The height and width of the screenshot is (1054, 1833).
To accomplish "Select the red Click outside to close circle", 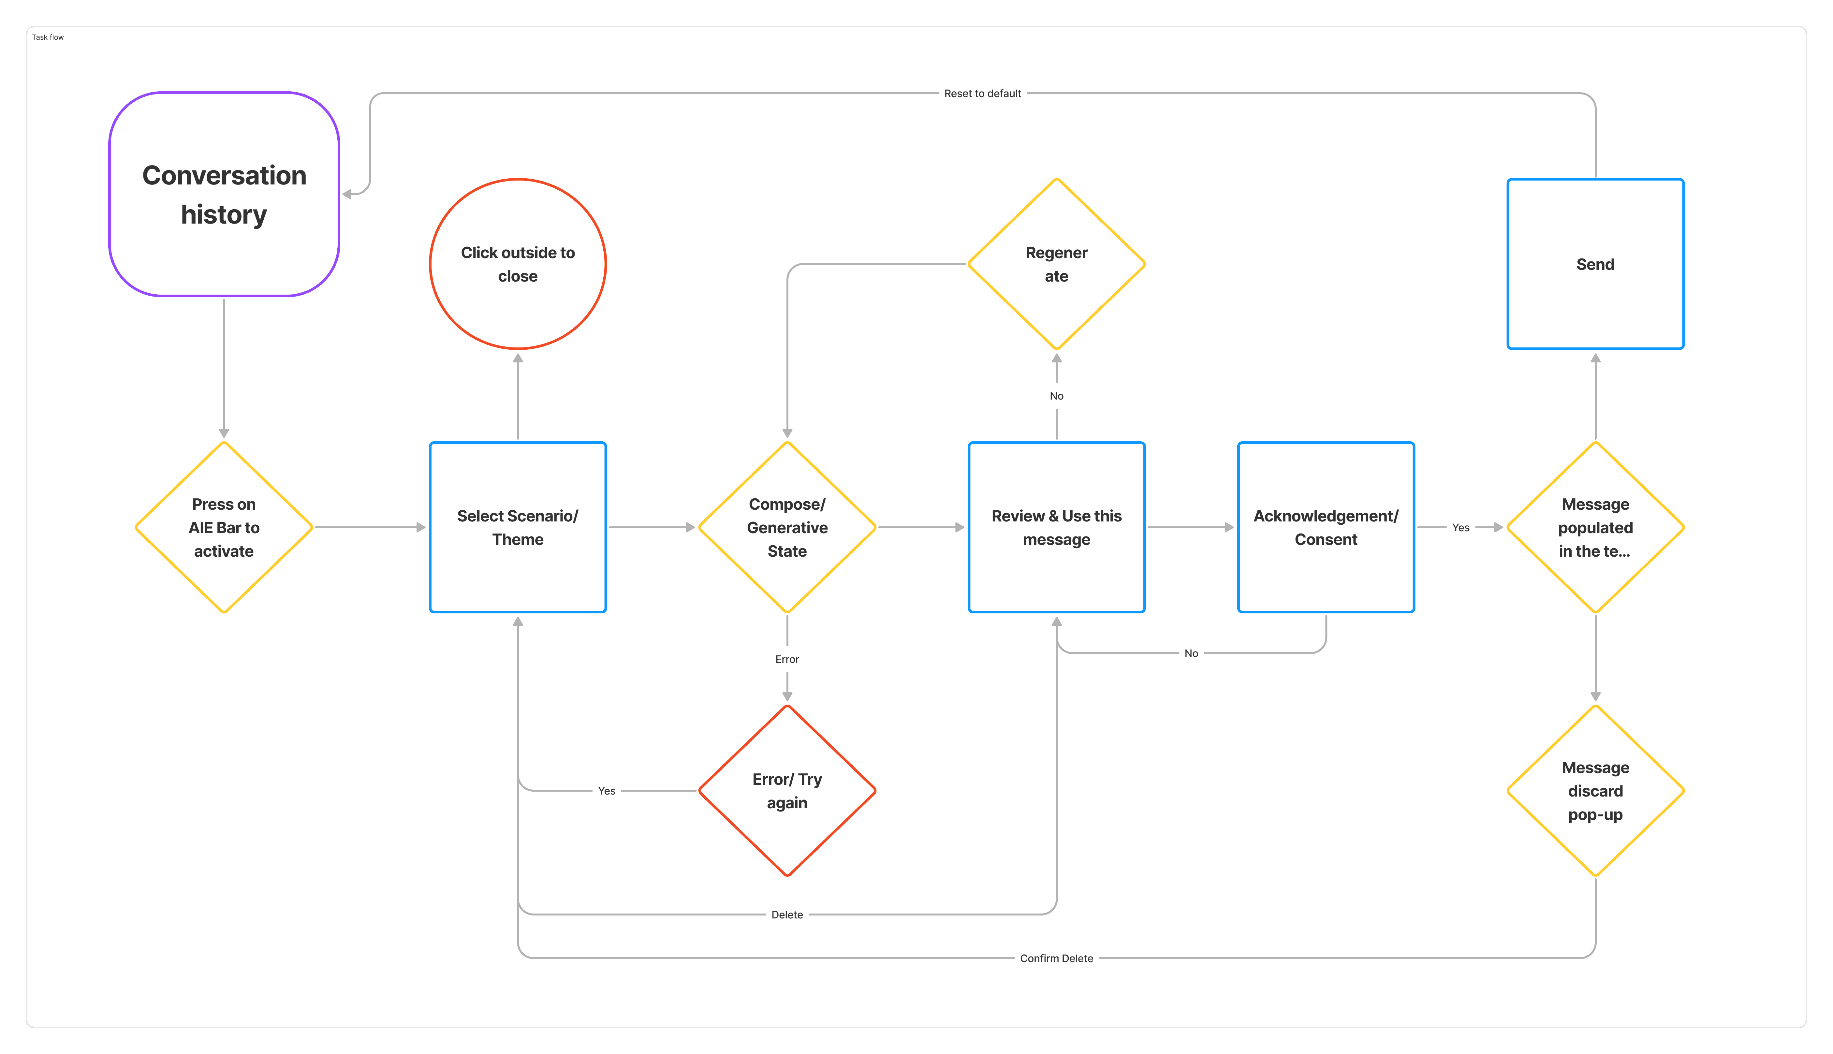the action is click(x=518, y=264).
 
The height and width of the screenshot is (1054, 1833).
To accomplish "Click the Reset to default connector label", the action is click(x=982, y=94).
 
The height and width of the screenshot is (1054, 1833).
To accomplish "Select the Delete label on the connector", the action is click(x=787, y=915).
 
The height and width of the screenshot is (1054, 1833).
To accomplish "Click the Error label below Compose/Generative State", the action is click(x=787, y=659).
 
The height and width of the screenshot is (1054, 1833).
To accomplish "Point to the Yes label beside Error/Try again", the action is click(x=607, y=791).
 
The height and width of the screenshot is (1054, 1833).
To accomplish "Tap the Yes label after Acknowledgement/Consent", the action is click(x=1461, y=528).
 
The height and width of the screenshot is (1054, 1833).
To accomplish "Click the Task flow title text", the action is click(x=48, y=37).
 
